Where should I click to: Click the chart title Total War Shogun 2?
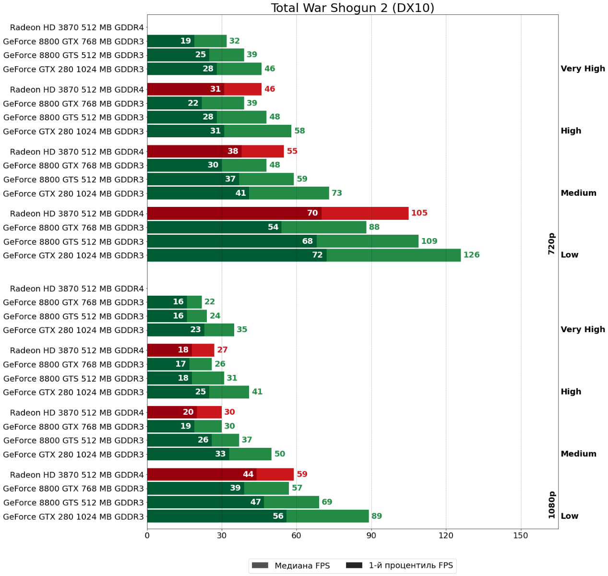[x=352, y=8]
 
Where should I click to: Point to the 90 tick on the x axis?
[x=371, y=536]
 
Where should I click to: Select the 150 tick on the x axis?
[x=521, y=536]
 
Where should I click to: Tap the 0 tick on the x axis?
[x=147, y=536]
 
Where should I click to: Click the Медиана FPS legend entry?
[x=290, y=565]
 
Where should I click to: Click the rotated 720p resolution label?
[x=551, y=244]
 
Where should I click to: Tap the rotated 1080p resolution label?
[x=551, y=505]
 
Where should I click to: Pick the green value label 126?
[x=471, y=255]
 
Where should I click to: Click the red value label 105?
[x=419, y=213]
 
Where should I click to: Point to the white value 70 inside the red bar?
[x=312, y=213]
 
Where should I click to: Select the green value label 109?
[x=429, y=241]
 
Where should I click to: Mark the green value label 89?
[x=377, y=516]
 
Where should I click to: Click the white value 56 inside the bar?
[x=278, y=516]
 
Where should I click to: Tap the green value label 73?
[x=337, y=193]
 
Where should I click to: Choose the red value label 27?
[x=222, y=350]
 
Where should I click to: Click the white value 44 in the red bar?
[x=248, y=474]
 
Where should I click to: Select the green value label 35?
[x=242, y=330]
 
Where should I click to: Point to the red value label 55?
[x=292, y=151]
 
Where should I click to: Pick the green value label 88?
[x=374, y=227]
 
